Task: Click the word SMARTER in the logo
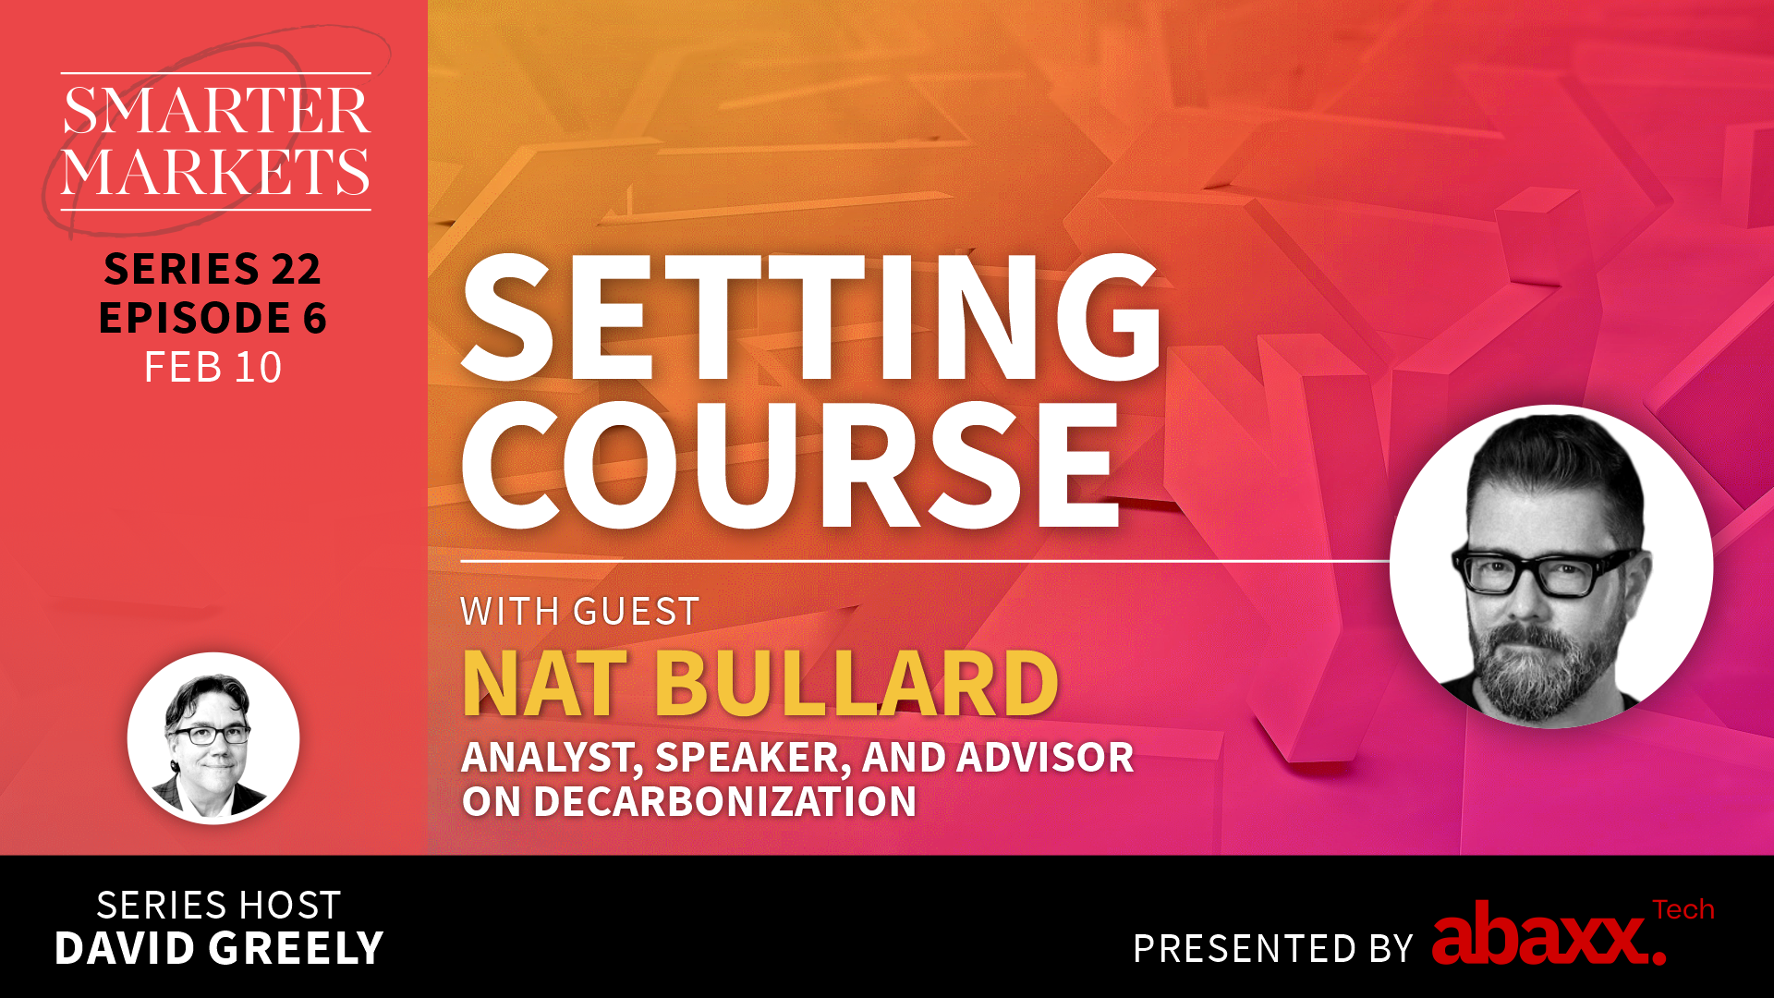coord(216,111)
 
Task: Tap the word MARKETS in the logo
coord(216,171)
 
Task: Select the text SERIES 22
coord(213,269)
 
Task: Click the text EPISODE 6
coord(213,318)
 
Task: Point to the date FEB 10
coord(213,368)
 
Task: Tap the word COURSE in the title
coord(791,465)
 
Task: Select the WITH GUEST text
coord(580,612)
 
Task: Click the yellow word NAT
coord(545,684)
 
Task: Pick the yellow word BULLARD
coord(857,684)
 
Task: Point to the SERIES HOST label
coord(219,906)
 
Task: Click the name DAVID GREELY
coord(219,949)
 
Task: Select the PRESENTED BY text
coord(1273,949)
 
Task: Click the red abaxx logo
coord(1549,935)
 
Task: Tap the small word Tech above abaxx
coord(1683,910)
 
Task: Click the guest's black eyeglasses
coord(1545,571)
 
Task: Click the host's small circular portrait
coord(213,738)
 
